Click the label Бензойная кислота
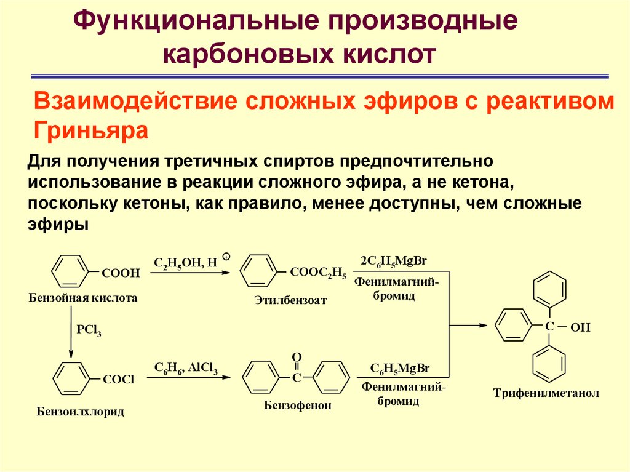83,298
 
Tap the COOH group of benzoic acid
121,273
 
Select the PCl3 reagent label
89,330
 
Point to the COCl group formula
118,379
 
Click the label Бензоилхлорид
81,412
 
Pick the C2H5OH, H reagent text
186,263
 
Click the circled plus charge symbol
226,256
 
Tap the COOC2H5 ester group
318,273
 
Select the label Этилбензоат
290,300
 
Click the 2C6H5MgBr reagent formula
394,262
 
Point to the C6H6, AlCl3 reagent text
186,368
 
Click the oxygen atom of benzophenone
297,357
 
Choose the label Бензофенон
298,406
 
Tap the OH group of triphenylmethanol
580,327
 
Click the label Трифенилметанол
546,393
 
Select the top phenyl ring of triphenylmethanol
549,288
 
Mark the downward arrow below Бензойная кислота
71,332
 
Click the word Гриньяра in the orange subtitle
91,130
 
